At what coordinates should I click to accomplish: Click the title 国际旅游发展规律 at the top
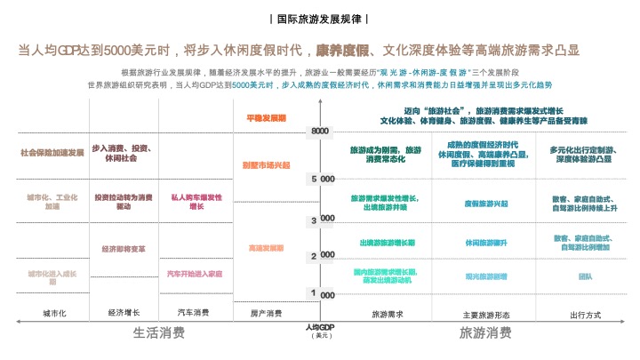tap(319, 19)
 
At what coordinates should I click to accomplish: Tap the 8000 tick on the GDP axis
tap(320, 132)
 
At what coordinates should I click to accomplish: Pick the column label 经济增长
tap(124, 313)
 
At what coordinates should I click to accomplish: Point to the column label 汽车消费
tap(194, 313)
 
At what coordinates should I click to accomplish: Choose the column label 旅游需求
tap(388, 314)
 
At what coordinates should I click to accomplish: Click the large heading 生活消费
tap(159, 333)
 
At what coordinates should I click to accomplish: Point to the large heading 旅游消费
tap(485, 333)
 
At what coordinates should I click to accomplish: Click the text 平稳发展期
tap(266, 117)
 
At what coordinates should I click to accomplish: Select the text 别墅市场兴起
tap(266, 165)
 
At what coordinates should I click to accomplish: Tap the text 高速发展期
tap(266, 248)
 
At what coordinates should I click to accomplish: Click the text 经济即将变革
tap(124, 249)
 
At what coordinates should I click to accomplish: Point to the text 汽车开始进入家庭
tap(195, 274)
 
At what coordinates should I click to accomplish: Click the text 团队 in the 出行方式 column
tap(585, 276)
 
